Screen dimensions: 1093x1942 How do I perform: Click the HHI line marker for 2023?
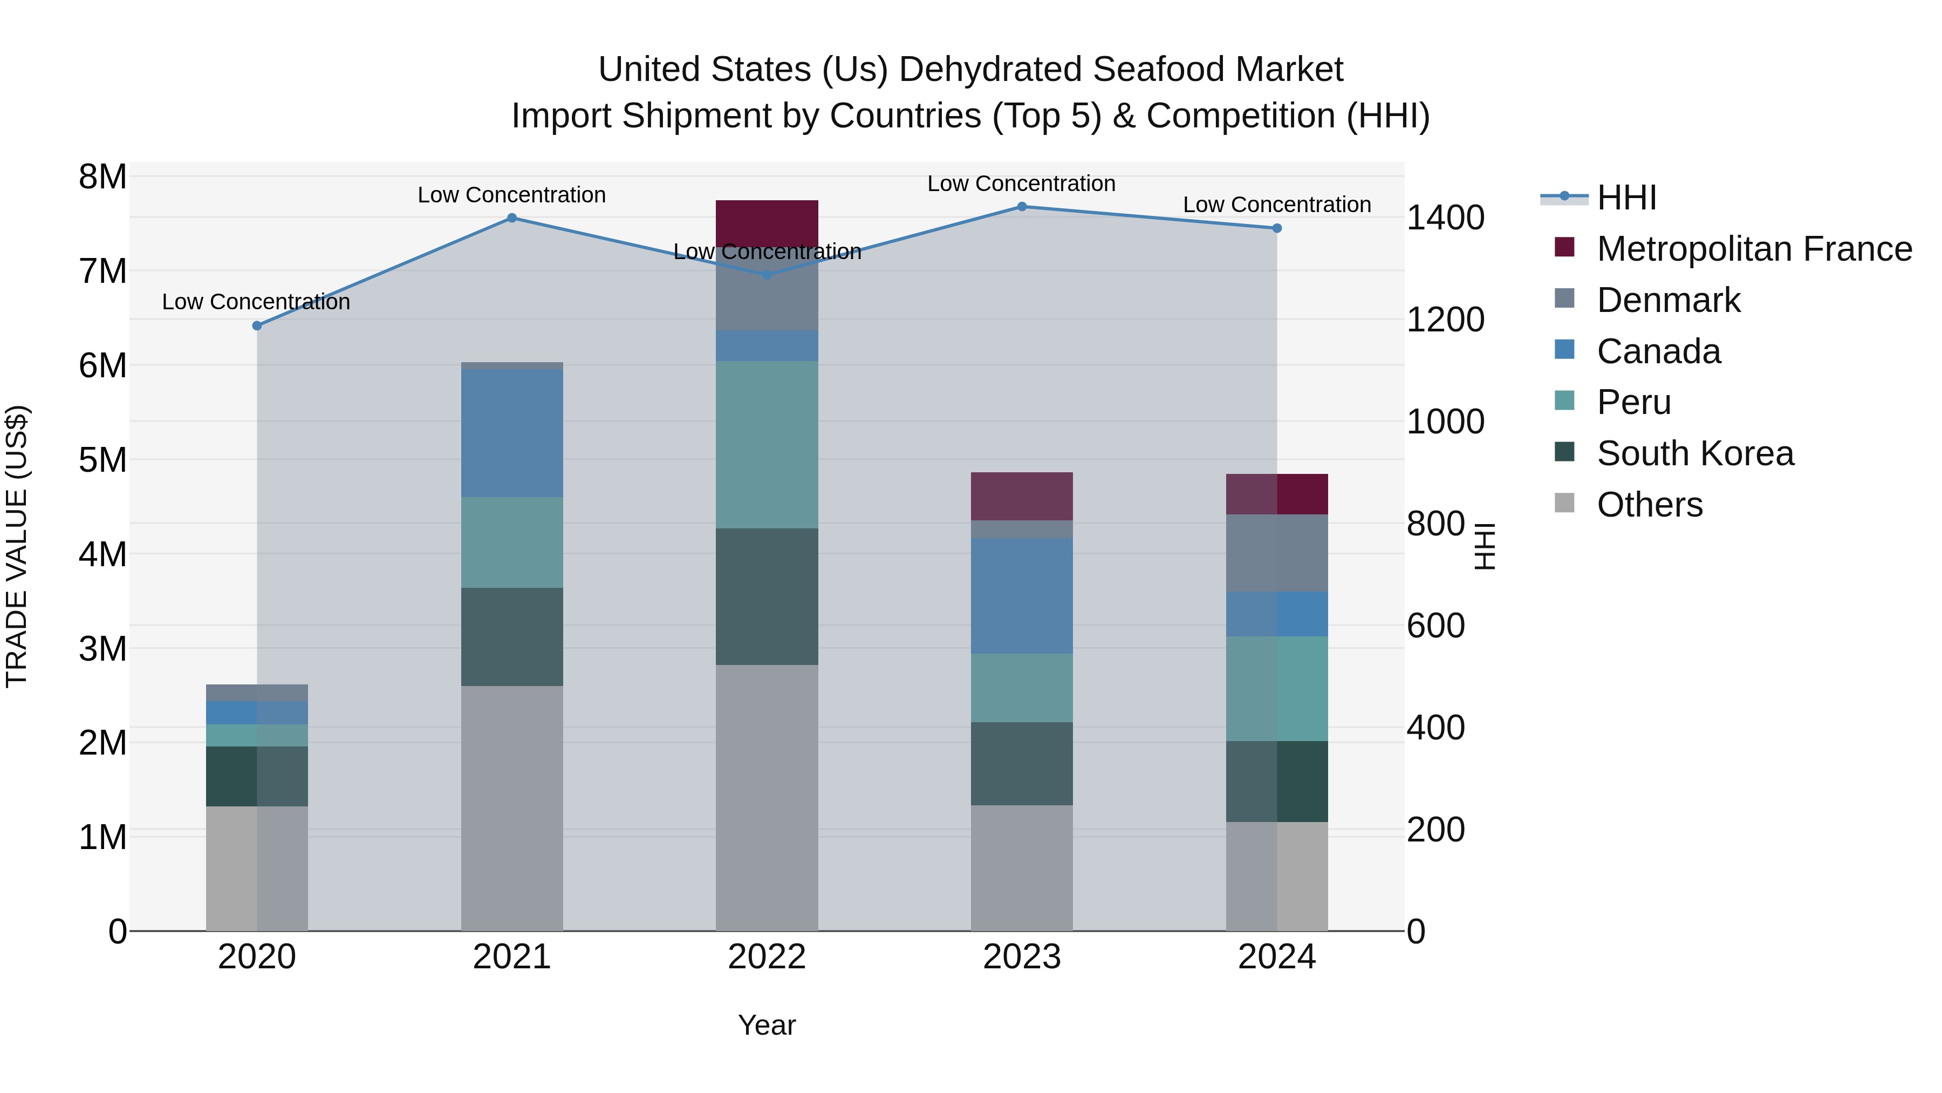tap(1022, 206)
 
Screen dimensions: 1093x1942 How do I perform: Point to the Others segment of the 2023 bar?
tap(1022, 867)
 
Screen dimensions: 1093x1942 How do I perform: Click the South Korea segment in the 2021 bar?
tap(512, 637)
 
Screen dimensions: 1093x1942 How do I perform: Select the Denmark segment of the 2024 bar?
tap(1276, 553)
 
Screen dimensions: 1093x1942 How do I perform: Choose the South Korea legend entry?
tap(1695, 453)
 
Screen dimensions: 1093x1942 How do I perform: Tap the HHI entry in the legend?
tap(1626, 198)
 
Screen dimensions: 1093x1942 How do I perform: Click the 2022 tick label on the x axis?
tap(767, 957)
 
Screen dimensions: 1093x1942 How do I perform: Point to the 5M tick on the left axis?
tap(103, 460)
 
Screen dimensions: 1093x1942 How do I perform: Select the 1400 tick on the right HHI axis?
tap(1445, 218)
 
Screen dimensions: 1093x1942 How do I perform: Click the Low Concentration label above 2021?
tap(512, 195)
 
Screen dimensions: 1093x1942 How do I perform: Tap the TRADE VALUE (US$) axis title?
tap(17, 546)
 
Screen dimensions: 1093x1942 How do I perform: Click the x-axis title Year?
tap(767, 1025)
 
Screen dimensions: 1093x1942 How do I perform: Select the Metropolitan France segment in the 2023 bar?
tap(1022, 497)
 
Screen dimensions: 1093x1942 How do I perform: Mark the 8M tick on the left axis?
tap(103, 177)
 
